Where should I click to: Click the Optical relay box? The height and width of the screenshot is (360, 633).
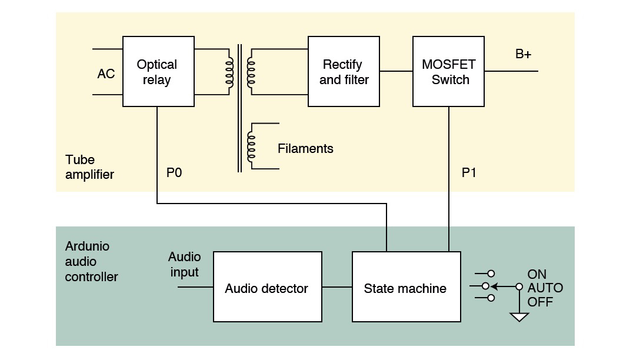[x=158, y=71]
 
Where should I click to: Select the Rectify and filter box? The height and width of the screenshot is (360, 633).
[x=344, y=71]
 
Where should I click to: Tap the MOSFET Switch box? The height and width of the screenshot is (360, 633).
[x=448, y=71]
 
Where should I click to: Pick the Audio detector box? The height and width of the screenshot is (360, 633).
[x=267, y=286]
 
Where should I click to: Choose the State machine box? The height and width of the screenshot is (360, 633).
[x=406, y=286]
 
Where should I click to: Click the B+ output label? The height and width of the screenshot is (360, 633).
[x=523, y=54]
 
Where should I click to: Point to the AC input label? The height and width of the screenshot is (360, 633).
[x=106, y=74]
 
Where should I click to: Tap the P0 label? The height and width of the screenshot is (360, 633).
[x=174, y=173]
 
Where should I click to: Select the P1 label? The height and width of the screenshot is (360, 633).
[x=469, y=173]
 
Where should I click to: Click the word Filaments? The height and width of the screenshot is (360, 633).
[x=305, y=148]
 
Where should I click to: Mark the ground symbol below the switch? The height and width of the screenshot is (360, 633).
[x=519, y=317]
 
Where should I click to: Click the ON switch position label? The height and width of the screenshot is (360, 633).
[x=537, y=275]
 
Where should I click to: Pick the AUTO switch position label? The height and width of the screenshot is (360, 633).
[x=545, y=288]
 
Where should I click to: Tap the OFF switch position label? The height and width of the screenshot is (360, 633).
[x=539, y=302]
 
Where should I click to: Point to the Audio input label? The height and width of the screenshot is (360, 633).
[x=185, y=264]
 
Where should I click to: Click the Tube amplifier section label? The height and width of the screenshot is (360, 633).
[x=89, y=167]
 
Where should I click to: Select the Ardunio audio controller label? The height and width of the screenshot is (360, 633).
[x=91, y=262]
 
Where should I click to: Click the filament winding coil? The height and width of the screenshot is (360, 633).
[x=251, y=146]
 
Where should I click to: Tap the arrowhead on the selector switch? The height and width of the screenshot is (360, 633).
[x=494, y=287]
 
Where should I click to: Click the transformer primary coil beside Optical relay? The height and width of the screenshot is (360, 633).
[x=229, y=72]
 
